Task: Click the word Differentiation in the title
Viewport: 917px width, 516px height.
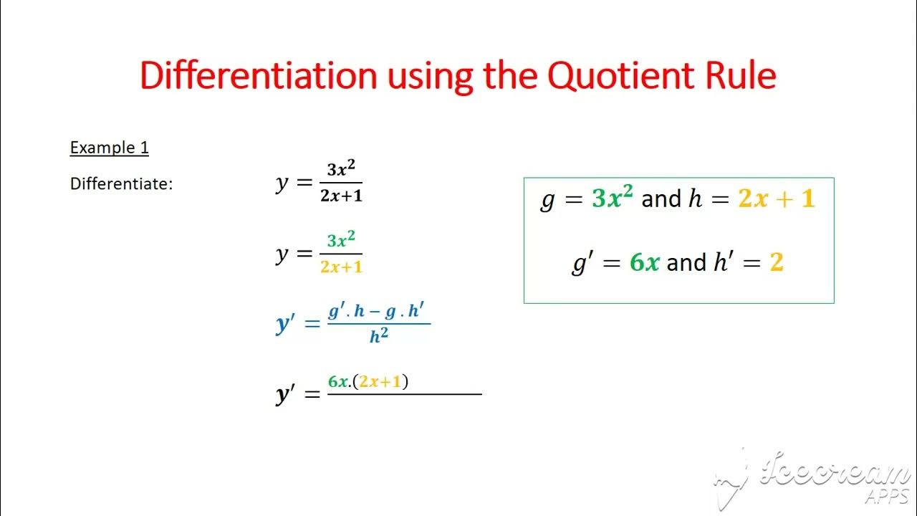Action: (x=259, y=75)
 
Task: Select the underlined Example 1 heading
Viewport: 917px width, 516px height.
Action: (x=109, y=148)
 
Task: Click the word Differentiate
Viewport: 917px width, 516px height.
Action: (x=121, y=184)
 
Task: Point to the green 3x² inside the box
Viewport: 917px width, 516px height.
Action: (x=613, y=198)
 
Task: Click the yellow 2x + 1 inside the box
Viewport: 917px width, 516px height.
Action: (x=777, y=199)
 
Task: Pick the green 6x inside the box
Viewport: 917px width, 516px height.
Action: (x=644, y=262)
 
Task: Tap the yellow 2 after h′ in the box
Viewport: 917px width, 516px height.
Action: (x=777, y=262)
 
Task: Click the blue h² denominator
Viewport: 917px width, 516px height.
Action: (x=379, y=336)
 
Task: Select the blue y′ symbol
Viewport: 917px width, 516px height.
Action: (x=286, y=324)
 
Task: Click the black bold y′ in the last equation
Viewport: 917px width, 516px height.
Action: (x=286, y=394)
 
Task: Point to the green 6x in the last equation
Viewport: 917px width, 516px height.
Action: (x=338, y=382)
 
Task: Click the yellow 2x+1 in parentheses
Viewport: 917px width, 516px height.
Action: (x=380, y=382)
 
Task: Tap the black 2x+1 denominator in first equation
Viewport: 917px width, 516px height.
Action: (x=341, y=196)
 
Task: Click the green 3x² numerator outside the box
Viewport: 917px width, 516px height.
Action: (x=341, y=241)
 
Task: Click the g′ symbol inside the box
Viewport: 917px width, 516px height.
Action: (x=580, y=262)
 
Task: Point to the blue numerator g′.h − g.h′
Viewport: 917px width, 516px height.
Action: (x=378, y=312)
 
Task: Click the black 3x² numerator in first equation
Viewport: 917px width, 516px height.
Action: (x=341, y=171)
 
